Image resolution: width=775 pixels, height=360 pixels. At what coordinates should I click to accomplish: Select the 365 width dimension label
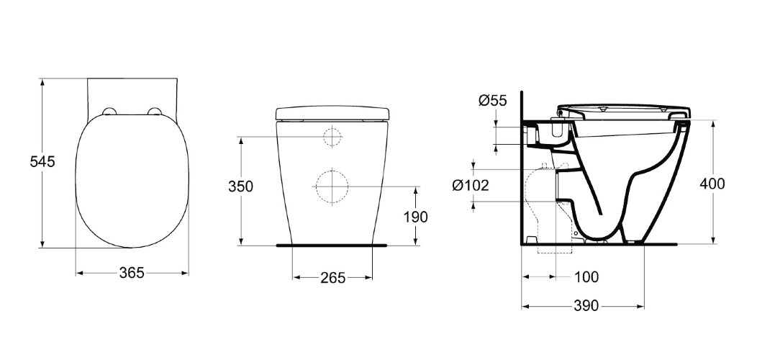132,272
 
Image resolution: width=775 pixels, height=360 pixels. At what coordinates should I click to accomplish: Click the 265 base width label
332,277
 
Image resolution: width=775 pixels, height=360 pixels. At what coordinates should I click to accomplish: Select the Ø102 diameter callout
471,185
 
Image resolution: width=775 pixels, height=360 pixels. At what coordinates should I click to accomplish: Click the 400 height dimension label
712,183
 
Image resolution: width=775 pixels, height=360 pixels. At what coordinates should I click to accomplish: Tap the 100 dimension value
586,276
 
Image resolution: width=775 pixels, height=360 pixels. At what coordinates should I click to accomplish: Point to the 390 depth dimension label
586,306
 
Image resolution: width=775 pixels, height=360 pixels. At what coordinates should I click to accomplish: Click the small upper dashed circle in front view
332,137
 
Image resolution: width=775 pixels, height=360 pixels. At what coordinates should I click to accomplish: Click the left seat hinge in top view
109,111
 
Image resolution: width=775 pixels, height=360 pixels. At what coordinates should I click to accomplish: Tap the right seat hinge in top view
153,111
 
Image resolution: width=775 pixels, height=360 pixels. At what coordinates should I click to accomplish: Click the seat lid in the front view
332,114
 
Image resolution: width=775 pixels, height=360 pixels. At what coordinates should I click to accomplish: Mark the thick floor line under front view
332,246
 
